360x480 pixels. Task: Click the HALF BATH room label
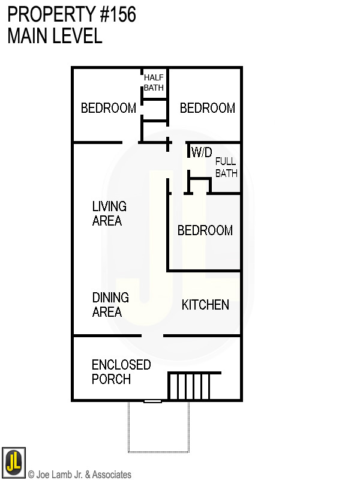tap(154, 83)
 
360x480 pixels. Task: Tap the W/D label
tap(202, 153)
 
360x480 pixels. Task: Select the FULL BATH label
tap(226, 167)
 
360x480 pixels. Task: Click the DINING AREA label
tap(110, 305)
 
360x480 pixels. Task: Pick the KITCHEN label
tap(205, 305)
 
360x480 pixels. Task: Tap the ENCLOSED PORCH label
tap(121, 372)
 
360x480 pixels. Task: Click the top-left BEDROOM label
tap(109, 109)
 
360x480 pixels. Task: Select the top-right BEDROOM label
tap(207, 109)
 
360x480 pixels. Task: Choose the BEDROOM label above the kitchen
tap(205, 231)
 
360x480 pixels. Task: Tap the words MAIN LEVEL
tap(55, 36)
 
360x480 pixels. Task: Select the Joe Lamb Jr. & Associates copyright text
tap(80, 475)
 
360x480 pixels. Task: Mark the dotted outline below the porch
tap(159, 451)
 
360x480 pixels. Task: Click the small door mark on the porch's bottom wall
tap(153, 401)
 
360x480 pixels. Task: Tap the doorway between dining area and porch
tap(152, 335)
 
